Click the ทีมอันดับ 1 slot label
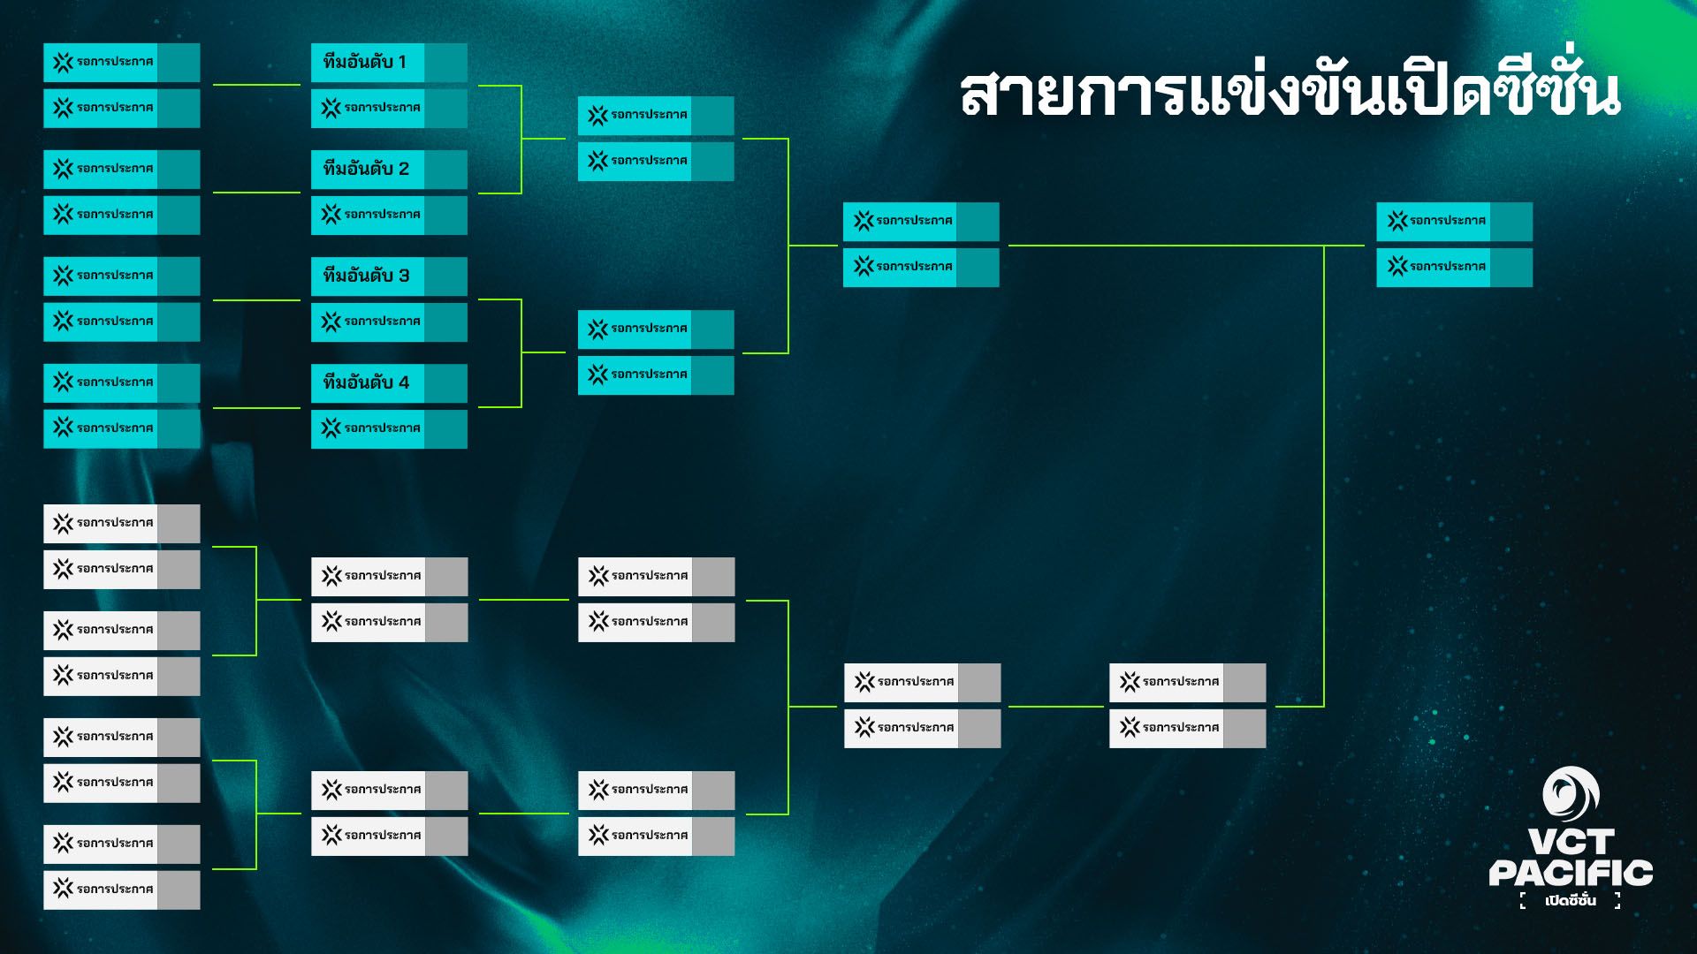365,63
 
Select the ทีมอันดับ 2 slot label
366,170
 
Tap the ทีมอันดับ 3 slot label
366,276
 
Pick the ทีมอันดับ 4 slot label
366,383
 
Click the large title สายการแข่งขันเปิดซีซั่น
1290,92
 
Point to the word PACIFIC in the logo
1571,874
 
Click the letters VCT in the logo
1571,842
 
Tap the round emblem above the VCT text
1571,792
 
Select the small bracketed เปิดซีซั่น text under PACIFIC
1571,901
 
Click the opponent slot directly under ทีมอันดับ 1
368,109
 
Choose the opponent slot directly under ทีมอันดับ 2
368,216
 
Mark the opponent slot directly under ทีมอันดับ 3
368,322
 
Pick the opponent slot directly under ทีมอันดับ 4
368,429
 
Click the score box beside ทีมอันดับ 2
445,170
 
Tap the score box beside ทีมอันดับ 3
445,276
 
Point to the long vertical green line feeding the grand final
1324,477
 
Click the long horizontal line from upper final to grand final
1167,246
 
